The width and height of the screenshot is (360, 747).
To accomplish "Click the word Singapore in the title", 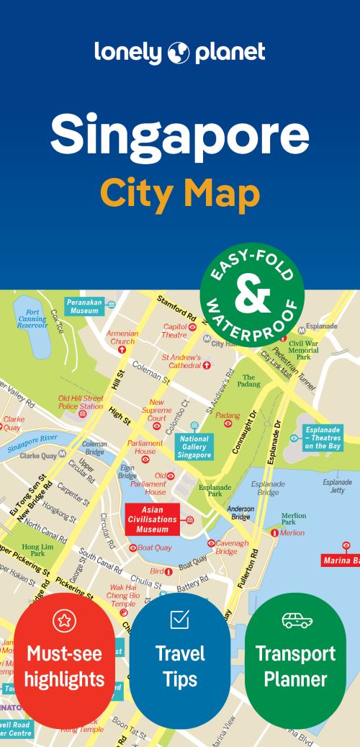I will click(179, 135).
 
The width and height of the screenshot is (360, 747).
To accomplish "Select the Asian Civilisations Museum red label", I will click(153, 519).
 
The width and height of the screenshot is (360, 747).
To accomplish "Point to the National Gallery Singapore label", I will click(194, 447).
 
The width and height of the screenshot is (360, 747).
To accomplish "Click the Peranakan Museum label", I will click(84, 306).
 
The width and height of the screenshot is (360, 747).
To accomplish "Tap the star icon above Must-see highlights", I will click(64, 620).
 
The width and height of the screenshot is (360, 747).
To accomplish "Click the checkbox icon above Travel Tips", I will click(179, 619).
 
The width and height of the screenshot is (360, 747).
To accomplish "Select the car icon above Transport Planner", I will click(296, 620).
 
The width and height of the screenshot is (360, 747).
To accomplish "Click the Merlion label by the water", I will click(292, 533).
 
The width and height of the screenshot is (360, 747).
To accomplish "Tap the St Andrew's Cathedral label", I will click(181, 361).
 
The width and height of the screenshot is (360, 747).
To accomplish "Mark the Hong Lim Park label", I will click(33, 550).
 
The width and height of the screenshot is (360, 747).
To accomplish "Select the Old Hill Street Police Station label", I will click(81, 402).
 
